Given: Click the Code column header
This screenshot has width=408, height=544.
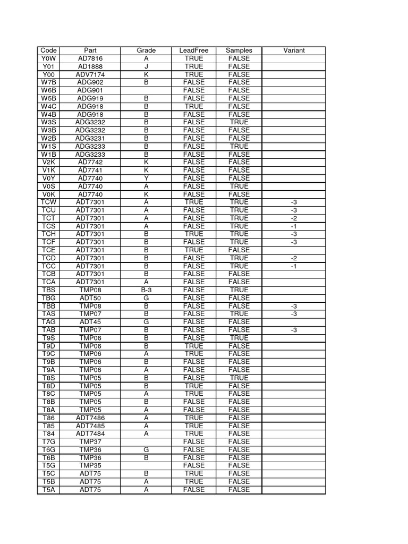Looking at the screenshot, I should click(48, 50).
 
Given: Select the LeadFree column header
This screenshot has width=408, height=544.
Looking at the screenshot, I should click(193, 50).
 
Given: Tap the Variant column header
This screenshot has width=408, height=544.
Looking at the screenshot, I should click(294, 50).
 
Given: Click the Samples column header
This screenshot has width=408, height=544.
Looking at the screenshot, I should click(239, 50).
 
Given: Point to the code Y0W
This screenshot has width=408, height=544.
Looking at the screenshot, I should click(48, 58).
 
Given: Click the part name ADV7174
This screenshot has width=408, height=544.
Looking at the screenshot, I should click(90, 74).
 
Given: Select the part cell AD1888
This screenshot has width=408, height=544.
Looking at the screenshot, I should click(90, 66).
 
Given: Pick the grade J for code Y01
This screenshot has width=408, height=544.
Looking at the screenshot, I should click(146, 66).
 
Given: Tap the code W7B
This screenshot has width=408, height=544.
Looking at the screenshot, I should click(48, 82).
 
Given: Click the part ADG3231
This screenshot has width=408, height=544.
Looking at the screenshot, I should click(90, 138).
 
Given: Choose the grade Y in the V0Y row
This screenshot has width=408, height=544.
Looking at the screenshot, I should click(146, 178).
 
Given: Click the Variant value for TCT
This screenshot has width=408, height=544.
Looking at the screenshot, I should click(294, 218).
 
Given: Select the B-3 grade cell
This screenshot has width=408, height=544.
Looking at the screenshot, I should click(146, 290).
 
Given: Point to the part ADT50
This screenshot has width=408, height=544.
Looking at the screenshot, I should click(90, 298).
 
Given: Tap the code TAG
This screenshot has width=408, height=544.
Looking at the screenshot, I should click(48, 322).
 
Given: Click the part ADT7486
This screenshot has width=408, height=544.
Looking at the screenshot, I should click(90, 418).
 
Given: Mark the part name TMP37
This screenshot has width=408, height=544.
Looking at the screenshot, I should click(90, 441).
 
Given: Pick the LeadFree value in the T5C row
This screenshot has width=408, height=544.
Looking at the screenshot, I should click(193, 473).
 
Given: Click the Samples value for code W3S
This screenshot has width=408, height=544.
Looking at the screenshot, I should click(239, 122).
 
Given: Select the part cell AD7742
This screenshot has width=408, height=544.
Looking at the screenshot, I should click(90, 162).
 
